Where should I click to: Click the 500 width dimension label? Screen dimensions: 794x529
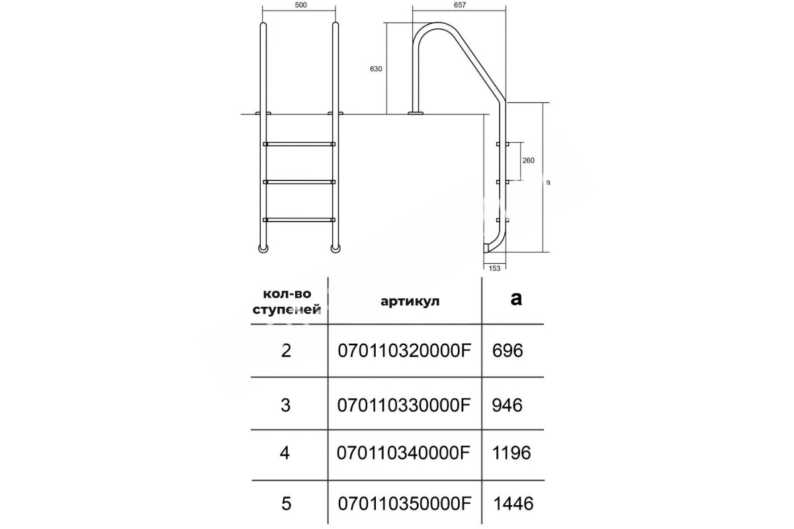tap(300, 5)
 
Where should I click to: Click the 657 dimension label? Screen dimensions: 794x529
tap(459, 5)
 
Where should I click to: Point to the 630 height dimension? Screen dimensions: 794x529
tap(376, 69)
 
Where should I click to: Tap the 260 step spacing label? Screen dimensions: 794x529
tap(528, 161)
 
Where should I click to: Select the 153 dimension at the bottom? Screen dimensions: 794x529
tap(494, 268)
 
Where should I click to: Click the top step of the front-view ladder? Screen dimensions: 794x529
tap(299, 144)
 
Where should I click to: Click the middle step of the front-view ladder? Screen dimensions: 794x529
tap(299, 182)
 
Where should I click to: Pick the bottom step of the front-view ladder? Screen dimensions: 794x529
tap(299, 220)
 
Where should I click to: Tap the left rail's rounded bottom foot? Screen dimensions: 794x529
tap(263, 249)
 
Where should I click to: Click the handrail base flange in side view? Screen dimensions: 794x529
tap(416, 113)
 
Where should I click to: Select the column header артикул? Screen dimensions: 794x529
tap(410, 301)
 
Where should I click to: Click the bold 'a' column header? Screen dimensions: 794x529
tap(516, 299)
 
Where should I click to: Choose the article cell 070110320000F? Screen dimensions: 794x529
tap(404, 351)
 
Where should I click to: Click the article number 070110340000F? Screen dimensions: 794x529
tap(404, 453)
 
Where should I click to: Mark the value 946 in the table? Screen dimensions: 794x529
tap(507, 405)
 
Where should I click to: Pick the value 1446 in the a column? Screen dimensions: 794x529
tap(513, 503)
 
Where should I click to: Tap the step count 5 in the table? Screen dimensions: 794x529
tap(286, 503)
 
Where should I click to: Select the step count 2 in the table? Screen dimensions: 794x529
tap(286, 351)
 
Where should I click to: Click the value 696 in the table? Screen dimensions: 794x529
tap(507, 351)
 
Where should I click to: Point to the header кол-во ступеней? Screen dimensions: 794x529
tap(287, 302)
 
